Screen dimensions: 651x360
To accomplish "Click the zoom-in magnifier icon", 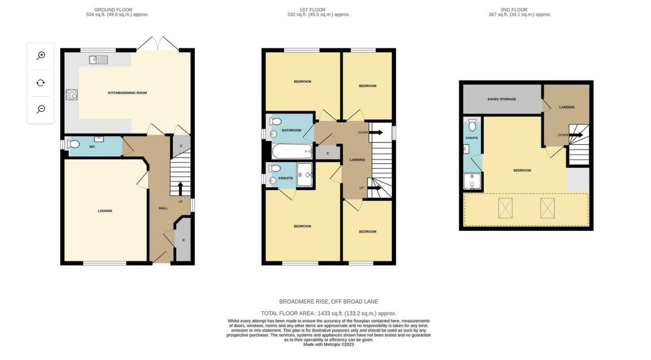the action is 41,56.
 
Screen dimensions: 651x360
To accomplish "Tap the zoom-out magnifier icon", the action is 41,109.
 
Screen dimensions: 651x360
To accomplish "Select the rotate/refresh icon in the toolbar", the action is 41,83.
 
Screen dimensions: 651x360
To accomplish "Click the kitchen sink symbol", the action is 98,60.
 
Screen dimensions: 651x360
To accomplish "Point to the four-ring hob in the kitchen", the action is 71,94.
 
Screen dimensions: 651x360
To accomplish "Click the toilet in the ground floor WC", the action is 73,144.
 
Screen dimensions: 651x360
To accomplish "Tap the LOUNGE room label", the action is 105,211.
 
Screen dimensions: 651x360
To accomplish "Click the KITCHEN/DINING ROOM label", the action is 127,93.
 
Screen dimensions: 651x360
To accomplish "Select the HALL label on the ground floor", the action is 163,208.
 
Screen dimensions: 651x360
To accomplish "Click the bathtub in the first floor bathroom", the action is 292,152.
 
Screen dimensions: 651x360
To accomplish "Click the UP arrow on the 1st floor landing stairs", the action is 374,188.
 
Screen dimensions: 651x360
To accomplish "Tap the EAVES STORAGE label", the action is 502,99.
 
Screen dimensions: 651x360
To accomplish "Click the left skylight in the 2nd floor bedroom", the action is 505,208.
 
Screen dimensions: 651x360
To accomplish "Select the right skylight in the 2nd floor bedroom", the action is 548,208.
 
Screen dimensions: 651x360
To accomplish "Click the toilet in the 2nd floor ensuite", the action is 472,125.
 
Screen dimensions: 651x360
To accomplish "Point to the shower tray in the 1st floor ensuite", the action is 305,175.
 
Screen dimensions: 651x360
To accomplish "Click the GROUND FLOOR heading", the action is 113,10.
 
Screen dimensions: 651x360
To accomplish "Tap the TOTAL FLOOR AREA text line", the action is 328,314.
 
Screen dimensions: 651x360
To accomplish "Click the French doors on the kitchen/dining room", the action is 158,44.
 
